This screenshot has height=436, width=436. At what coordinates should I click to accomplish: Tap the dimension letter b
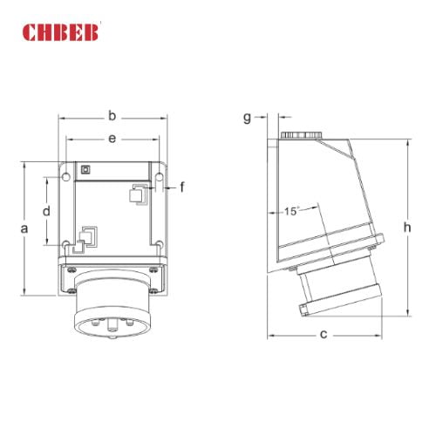tap(111, 114)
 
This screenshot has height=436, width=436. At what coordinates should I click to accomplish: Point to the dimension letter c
tap(324, 334)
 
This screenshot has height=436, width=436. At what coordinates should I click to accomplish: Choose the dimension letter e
tap(111, 138)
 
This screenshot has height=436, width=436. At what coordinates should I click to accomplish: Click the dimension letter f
tap(182, 187)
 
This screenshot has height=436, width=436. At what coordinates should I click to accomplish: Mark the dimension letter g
tap(248, 116)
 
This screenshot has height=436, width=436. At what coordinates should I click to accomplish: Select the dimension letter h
tap(406, 226)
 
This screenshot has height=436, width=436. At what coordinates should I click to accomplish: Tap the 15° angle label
tap(291, 211)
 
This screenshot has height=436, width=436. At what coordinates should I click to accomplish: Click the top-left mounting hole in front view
tap(66, 178)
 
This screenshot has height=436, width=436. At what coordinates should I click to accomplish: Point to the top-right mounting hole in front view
tap(160, 178)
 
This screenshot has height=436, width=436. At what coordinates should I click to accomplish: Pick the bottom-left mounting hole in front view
tap(66, 243)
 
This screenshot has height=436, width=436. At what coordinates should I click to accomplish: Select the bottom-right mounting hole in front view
tap(160, 243)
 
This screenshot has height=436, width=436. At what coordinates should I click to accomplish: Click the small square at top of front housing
tap(85, 169)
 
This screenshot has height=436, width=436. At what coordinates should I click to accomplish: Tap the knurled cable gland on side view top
tap(301, 137)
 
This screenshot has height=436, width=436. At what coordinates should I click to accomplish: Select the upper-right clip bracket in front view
tap(136, 194)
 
